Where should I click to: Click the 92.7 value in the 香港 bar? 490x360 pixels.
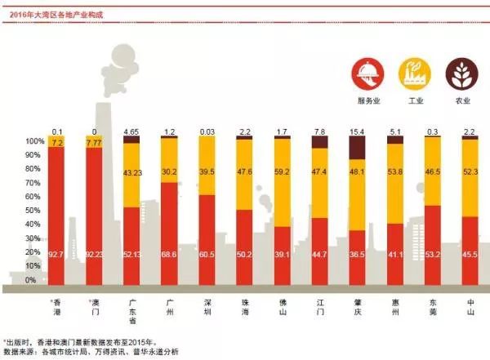pos(56,255)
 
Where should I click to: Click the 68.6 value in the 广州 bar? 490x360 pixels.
pos(170,255)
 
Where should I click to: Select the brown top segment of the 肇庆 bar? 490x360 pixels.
pos(357,147)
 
